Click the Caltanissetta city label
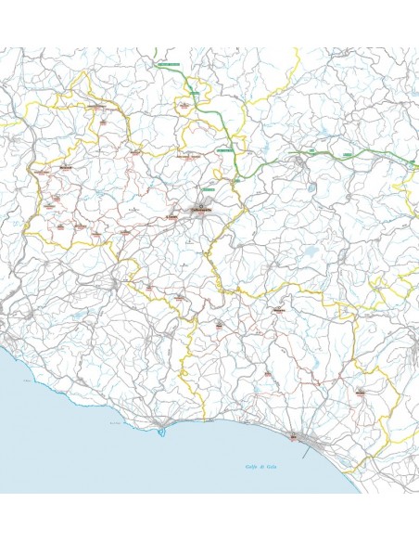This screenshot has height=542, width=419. (202, 212)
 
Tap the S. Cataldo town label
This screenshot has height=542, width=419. (171, 216)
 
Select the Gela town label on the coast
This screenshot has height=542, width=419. (294, 435)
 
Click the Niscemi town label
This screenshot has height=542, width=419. (358, 394)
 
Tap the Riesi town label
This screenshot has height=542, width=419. (219, 326)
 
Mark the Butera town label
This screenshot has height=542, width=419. (266, 373)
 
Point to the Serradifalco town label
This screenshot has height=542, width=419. (123, 231)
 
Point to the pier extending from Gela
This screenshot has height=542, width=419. (295, 444)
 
